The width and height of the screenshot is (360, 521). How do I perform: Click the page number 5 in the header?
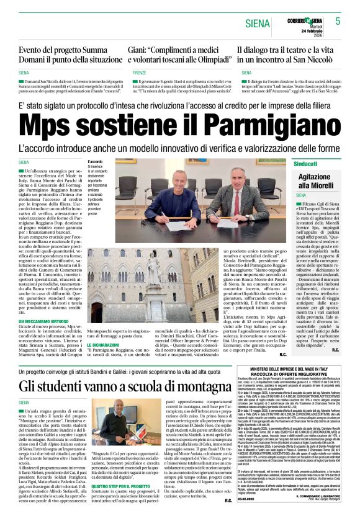coord(338,21)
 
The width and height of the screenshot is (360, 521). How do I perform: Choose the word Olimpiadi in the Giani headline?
coord(200,60)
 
